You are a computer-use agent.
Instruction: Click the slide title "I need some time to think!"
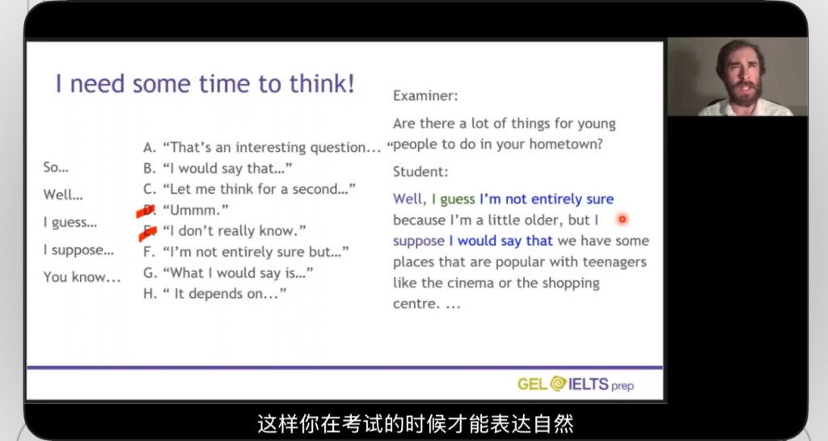[x=205, y=84]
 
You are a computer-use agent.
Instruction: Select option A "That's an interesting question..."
[x=262, y=147]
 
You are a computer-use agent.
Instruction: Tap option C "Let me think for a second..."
[x=249, y=189]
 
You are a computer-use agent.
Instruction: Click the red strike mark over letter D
[x=146, y=211]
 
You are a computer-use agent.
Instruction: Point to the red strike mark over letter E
[x=148, y=232]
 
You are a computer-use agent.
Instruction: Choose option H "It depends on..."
[x=215, y=293]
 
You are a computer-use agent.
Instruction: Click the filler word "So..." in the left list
[x=56, y=167]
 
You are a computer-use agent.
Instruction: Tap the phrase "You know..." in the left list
[x=82, y=277]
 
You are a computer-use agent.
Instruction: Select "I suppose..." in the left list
[x=78, y=250]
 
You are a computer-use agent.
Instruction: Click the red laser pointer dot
[x=623, y=219]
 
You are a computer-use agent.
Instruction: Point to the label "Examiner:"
[x=425, y=95]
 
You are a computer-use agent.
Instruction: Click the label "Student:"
[x=420, y=171]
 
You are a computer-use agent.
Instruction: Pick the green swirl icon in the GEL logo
[x=558, y=384]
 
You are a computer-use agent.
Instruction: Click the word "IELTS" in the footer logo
[x=589, y=384]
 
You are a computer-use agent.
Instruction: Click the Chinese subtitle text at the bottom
[x=415, y=423]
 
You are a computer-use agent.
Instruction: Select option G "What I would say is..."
[x=228, y=273]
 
